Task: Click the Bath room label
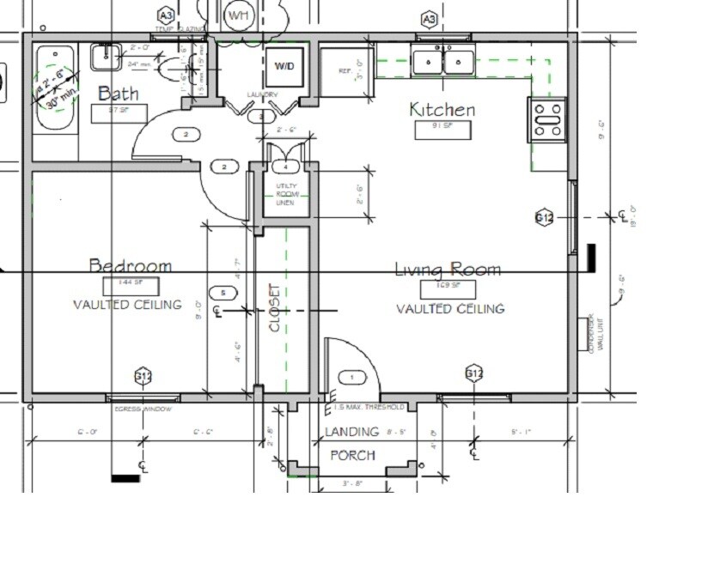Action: pyautogui.click(x=117, y=93)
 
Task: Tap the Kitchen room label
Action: pyautogui.click(x=442, y=110)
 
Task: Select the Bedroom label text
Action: pyautogui.click(x=131, y=266)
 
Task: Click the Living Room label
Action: pyautogui.click(x=448, y=270)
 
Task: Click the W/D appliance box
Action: pyautogui.click(x=284, y=66)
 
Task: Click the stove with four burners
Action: pyautogui.click(x=547, y=120)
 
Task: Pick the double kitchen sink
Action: pyautogui.click(x=443, y=62)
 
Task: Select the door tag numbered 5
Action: pyautogui.click(x=223, y=294)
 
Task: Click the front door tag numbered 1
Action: pyautogui.click(x=351, y=377)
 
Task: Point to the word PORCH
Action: pyautogui.click(x=352, y=455)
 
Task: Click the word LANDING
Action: pyautogui.click(x=351, y=432)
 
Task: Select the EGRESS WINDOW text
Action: pyautogui.click(x=143, y=409)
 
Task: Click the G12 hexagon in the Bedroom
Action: pyautogui.click(x=143, y=375)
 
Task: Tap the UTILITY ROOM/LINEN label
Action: pyautogui.click(x=285, y=194)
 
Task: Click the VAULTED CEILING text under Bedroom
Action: pyautogui.click(x=127, y=305)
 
